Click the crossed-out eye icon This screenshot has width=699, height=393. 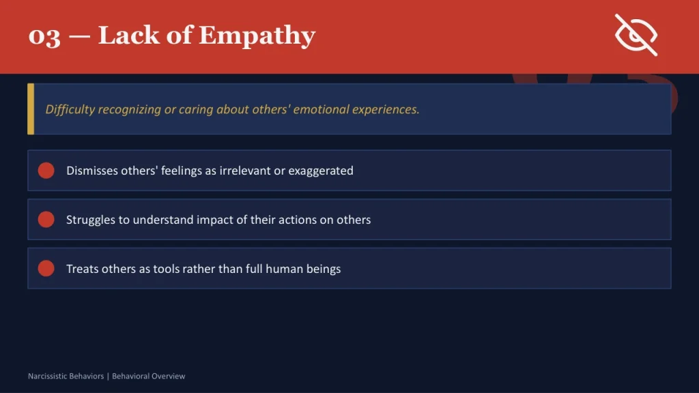coord(636,35)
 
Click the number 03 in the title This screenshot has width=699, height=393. coord(44,36)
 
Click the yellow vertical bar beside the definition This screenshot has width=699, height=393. coord(30,109)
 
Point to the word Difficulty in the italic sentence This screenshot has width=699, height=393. coord(70,109)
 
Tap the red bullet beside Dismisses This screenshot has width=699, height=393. coord(46,171)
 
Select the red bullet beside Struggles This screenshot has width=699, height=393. coord(46,220)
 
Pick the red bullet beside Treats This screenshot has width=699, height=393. coord(46,268)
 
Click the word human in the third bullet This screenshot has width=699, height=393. coord(276,269)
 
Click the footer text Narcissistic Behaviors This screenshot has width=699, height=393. coord(66,376)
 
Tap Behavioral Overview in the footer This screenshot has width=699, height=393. coord(148,376)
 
